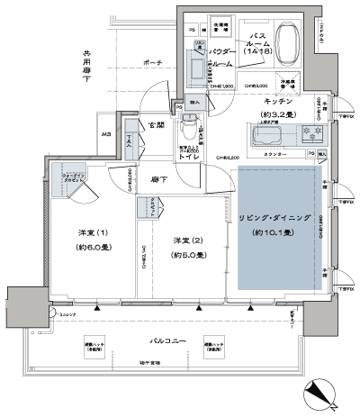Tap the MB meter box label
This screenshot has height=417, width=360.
coord(107,135)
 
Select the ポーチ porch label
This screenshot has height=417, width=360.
coord(151,63)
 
